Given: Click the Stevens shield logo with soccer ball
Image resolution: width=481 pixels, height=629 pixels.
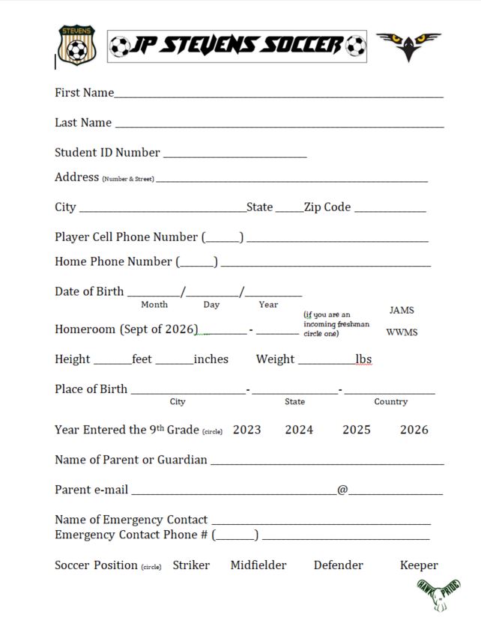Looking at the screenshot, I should (76, 45).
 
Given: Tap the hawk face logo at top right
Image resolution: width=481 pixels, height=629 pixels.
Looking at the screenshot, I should (408, 45).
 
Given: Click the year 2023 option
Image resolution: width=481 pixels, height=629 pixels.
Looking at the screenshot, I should (247, 430).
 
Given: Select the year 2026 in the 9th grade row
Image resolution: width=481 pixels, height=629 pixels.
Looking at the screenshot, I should (414, 430).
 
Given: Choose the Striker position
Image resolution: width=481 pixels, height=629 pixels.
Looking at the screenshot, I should (191, 565).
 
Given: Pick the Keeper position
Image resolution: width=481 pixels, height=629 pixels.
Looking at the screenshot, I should (419, 565).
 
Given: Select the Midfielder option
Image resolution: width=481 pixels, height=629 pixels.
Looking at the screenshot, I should (258, 565).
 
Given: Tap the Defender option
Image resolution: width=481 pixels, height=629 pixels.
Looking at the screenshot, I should (339, 565).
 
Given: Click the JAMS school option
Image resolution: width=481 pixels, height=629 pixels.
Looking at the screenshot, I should (402, 310).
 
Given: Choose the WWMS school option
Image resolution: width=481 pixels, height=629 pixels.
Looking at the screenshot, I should (402, 332).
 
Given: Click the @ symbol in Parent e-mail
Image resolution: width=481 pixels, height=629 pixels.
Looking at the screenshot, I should (342, 490).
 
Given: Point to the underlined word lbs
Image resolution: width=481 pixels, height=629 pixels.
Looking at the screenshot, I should (363, 359).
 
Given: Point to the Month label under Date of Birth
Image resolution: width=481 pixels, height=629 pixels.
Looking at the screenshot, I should (154, 305).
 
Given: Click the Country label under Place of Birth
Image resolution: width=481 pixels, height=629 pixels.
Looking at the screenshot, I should (391, 402).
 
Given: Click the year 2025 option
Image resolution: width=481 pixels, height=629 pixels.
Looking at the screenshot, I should (357, 430).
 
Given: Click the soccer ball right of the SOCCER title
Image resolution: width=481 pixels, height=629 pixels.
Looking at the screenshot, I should (356, 46).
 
